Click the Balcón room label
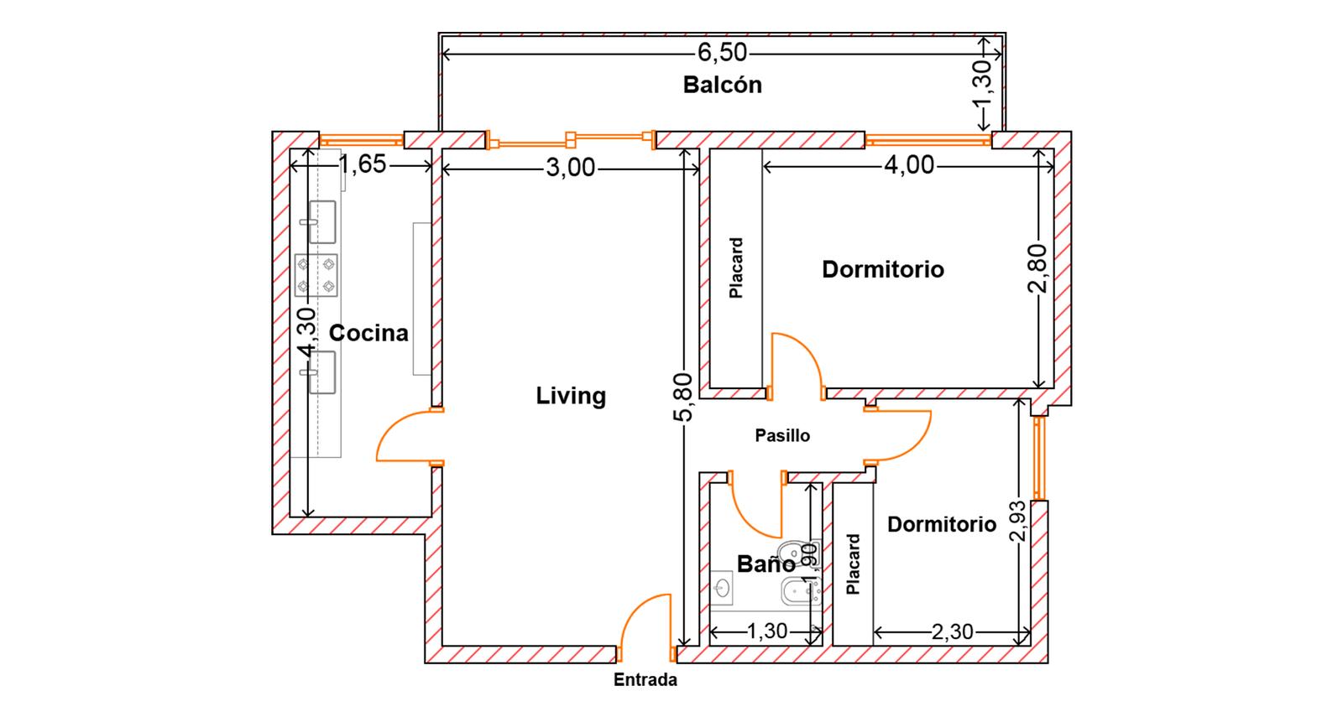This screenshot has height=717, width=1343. (x=723, y=85)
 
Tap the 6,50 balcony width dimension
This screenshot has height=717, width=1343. (x=723, y=53)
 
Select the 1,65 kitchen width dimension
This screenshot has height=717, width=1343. (x=363, y=164)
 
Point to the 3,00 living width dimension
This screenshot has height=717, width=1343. (x=571, y=168)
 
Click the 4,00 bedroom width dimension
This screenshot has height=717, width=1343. (x=909, y=164)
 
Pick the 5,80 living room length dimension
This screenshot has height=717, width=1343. (x=683, y=397)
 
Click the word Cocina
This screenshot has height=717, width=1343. (x=368, y=333)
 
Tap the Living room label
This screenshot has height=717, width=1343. (x=571, y=396)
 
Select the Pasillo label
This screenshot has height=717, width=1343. (x=782, y=435)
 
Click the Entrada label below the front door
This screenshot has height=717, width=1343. (x=645, y=680)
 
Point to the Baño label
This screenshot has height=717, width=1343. (x=766, y=564)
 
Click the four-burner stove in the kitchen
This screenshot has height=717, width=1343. (x=316, y=275)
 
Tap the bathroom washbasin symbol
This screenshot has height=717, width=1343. (x=722, y=586)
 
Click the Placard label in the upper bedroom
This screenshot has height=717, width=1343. (x=736, y=268)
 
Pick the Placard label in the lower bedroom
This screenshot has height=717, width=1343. (x=853, y=564)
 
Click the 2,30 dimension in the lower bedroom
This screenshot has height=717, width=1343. (x=952, y=631)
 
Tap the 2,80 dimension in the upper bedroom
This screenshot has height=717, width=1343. (x=1037, y=268)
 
